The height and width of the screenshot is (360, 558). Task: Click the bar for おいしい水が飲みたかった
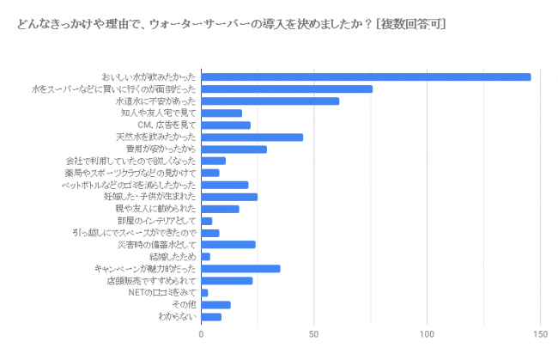(x=366, y=76)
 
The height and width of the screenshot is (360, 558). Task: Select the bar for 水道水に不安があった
(x=270, y=101)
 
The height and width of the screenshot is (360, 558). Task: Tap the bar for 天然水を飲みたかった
(x=252, y=137)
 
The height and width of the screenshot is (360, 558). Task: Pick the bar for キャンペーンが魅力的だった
(x=240, y=268)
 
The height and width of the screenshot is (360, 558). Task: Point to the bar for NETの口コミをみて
(x=204, y=292)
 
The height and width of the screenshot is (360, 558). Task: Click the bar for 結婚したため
(x=205, y=256)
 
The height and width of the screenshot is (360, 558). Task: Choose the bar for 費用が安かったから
(x=234, y=149)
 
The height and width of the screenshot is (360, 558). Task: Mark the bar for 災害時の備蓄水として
(x=228, y=244)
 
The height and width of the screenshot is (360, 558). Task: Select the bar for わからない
(x=211, y=316)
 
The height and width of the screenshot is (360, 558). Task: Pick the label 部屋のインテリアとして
(x=163, y=221)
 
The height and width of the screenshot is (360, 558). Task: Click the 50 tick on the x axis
(x=314, y=333)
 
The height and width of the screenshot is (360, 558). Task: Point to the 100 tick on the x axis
(x=427, y=333)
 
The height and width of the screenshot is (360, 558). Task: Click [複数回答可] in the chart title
(x=410, y=24)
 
